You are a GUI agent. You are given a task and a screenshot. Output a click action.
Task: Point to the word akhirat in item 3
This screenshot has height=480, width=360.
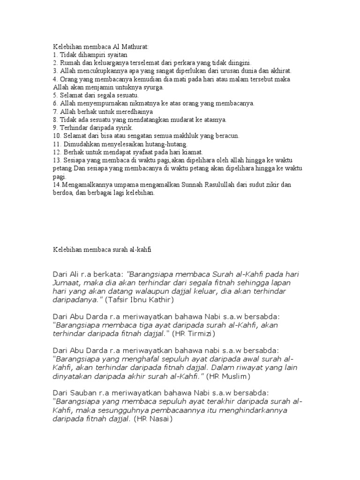tap(280, 71)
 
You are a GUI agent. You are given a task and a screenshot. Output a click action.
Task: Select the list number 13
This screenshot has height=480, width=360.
tap(56, 160)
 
